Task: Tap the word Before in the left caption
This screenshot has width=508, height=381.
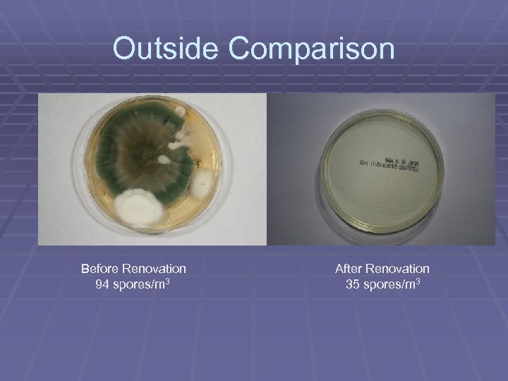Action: coord(99,269)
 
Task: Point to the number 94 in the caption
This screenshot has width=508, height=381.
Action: coord(102,284)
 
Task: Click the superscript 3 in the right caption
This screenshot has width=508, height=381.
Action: coord(422,281)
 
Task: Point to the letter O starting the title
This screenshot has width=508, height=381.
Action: coord(126,49)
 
